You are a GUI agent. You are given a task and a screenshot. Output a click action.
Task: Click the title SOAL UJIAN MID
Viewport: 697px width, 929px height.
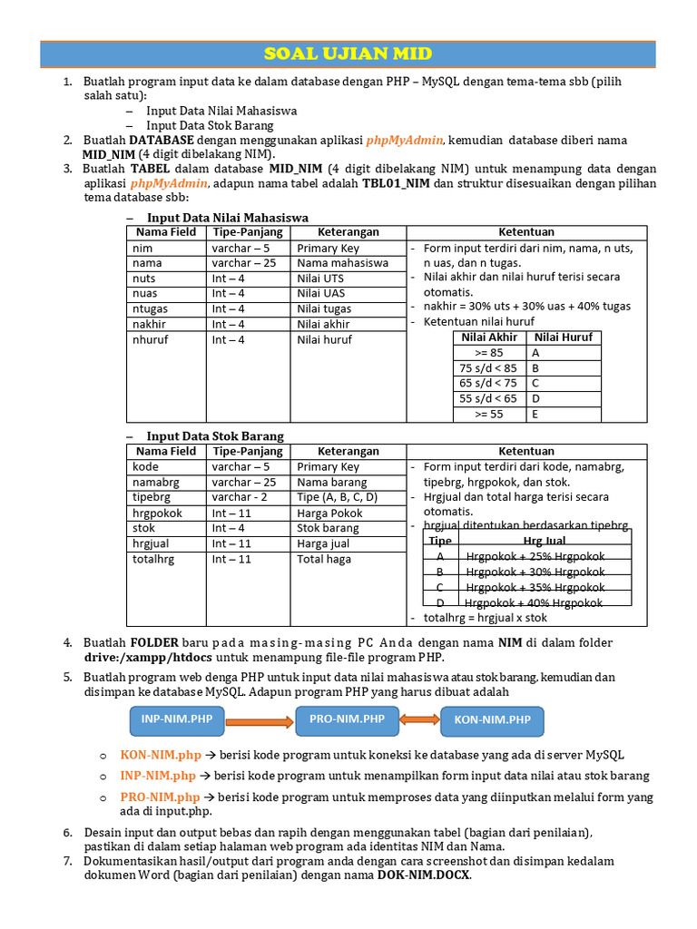[348, 54]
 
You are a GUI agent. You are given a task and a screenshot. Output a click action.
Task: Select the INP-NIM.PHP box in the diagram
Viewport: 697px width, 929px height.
[177, 720]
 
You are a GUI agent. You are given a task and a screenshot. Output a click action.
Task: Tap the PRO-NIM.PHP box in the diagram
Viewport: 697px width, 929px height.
[347, 720]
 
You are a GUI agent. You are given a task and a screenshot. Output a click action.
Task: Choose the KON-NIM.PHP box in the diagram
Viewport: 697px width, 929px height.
[493, 721]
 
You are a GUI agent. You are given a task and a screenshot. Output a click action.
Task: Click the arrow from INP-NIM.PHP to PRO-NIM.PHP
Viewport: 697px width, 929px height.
[260, 721]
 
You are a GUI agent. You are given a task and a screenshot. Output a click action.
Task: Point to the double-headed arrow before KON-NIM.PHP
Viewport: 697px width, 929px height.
[419, 720]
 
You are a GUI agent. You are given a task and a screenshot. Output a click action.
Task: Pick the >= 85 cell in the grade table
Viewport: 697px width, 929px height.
[488, 353]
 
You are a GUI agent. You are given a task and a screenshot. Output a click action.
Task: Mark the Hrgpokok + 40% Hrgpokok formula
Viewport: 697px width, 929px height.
[534, 602]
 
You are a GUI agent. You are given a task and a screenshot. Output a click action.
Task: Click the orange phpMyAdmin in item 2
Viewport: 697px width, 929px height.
[405, 141]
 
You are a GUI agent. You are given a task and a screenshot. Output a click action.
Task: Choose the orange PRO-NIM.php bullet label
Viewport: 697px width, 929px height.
[160, 797]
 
